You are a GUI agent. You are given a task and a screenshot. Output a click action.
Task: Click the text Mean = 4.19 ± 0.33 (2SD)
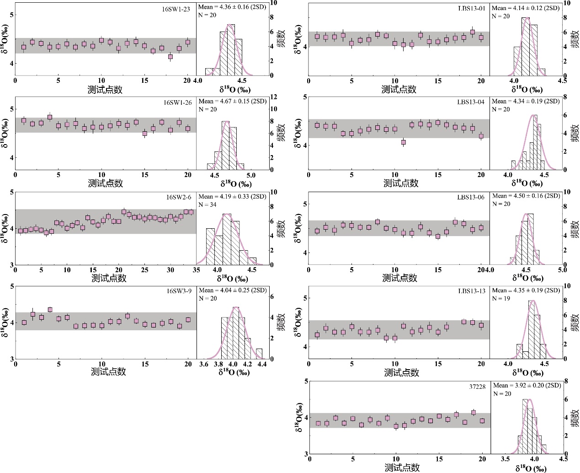pos(232,197)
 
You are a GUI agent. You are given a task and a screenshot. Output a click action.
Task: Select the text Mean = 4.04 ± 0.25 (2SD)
pos(232,290)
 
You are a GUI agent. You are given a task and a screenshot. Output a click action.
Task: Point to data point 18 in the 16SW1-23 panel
pos(170,57)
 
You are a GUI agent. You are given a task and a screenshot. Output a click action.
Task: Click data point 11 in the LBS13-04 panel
pos(403,142)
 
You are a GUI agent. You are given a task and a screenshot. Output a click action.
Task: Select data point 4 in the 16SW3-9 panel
pos(50,310)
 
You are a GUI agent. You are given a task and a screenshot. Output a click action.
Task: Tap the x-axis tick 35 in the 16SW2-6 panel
pos(197,270)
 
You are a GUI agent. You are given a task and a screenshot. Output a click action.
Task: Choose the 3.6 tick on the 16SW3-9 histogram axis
pos(204,365)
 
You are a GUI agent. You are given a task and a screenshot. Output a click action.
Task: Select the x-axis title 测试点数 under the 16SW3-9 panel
pos(108,371)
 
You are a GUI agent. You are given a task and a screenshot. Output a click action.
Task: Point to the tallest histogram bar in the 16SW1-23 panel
pos(231,49)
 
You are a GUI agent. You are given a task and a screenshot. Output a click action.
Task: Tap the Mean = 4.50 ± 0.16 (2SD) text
pos(526,196)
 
